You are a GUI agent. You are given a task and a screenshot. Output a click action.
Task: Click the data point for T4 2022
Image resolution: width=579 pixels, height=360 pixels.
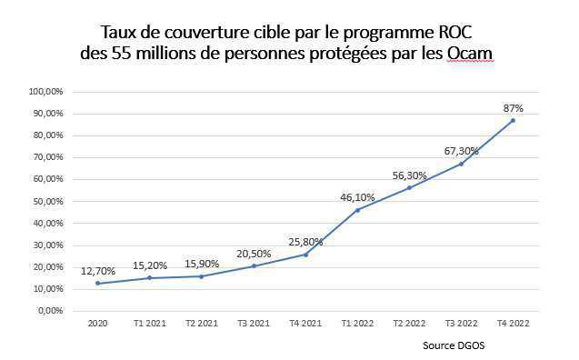[x=513, y=120]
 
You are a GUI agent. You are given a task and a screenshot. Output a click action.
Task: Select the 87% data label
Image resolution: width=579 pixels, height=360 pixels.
[x=513, y=107]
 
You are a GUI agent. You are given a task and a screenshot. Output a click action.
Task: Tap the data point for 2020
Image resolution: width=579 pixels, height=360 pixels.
[x=97, y=283]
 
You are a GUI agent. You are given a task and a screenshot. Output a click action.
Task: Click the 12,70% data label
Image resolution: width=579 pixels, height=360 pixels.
[x=97, y=270]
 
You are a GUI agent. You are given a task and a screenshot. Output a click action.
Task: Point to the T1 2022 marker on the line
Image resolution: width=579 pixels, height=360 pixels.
[x=357, y=210]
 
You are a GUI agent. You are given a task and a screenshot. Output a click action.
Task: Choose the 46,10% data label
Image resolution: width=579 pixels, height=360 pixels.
[x=357, y=196]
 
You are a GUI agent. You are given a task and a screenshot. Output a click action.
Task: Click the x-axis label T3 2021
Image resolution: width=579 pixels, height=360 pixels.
[x=253, y=323]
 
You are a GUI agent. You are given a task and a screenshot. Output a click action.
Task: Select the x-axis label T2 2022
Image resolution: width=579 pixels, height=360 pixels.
[x=409, y=323]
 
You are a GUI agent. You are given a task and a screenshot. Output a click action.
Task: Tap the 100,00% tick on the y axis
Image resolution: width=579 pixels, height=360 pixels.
[x=45, y=92]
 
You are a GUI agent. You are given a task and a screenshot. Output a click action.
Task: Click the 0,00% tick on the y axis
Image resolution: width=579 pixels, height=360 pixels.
[x=47, y=311]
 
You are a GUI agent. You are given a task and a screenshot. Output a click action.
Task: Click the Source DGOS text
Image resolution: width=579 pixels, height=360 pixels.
[x=454, y=345]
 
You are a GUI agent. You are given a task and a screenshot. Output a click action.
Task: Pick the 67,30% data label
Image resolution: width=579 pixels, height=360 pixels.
[x=461, y=151]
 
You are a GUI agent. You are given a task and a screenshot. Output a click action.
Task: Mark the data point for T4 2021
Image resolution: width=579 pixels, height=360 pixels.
[x=305, y=254]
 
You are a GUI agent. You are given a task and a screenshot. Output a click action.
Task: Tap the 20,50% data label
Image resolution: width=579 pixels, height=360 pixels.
[x=253, y=254]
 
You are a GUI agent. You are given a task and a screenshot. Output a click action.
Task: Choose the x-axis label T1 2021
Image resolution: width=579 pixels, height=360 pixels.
[x=149, y=323]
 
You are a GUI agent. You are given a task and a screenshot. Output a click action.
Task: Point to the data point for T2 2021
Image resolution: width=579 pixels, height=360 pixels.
[x=201, y=275]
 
